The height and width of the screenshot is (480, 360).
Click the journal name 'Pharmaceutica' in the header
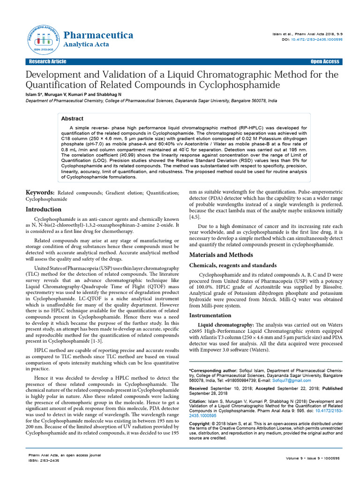click(98, 35)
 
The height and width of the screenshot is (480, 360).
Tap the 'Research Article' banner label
click(47, 62)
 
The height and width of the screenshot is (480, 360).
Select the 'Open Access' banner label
click(324, 62)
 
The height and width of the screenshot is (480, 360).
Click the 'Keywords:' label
click(40, 193)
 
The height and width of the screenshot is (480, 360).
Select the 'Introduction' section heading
click(43, 210)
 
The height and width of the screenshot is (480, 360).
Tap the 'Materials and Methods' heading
click(221, 255)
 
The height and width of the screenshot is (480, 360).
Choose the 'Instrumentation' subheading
click(210, 315)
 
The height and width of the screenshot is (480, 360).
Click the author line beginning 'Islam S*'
click(73, 94)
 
